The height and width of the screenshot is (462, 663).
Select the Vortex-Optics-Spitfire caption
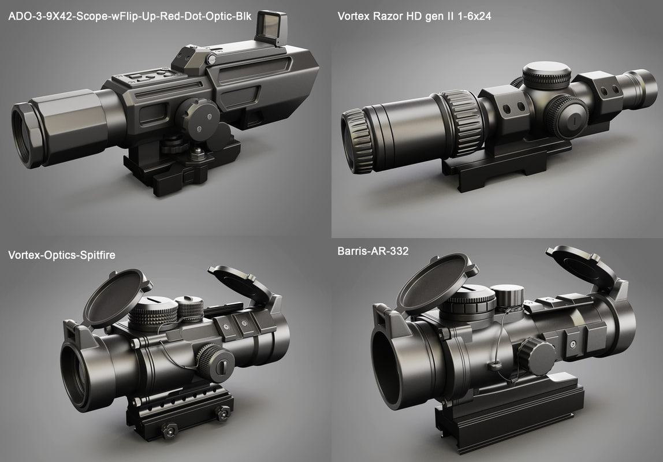coord(62,254)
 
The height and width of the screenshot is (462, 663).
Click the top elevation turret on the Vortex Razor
coord(546,74)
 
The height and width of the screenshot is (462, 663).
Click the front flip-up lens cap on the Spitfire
coord(114,297)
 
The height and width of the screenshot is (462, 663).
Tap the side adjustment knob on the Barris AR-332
coord(536,356)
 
